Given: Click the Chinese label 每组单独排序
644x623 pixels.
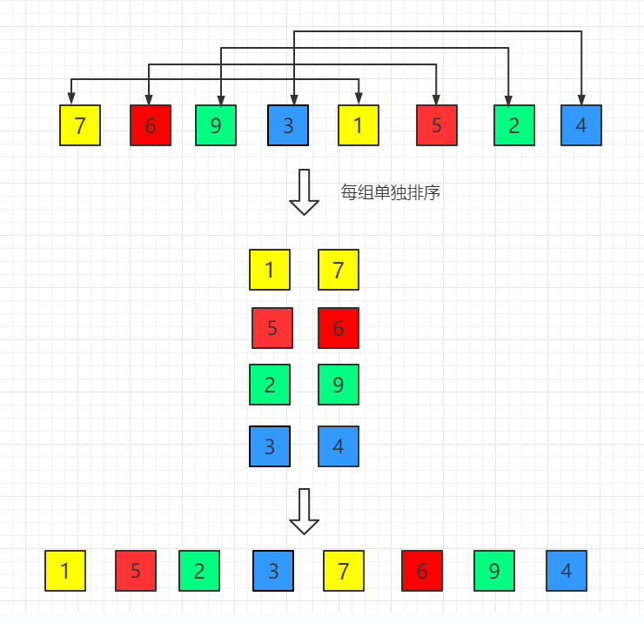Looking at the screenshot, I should coord(391,193).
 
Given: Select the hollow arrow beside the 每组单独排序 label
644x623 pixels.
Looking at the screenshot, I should coord(304,191).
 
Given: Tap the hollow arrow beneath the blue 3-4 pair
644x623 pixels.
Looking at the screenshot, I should coord(304,512).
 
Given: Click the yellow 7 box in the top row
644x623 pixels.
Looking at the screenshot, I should coord(80,125).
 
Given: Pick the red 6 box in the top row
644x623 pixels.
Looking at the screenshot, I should coord(151,125).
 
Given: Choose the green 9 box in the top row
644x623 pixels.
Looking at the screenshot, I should coord(216,125).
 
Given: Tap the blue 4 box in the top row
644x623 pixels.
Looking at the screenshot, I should coord(581,125).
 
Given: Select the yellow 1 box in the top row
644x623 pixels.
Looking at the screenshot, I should coord(359,125).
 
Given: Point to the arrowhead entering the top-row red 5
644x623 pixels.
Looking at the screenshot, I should coord(436,99).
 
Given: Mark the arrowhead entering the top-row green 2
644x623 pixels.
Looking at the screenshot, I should coord(507,99).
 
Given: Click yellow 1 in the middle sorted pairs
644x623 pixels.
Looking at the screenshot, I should coord(270,270).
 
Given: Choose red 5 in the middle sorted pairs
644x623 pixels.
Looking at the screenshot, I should coord(272,328).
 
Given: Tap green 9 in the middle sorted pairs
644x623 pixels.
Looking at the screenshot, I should coord(339,385).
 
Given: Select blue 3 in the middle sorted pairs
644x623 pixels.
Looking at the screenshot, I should coord(270,446).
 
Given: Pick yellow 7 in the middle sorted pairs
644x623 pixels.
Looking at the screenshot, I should coord(339,270).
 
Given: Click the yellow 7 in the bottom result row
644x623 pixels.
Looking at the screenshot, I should coord(344,571).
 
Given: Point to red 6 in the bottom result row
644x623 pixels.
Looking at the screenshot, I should coord(422,571).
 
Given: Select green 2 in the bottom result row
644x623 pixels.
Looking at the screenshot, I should coord(199,571).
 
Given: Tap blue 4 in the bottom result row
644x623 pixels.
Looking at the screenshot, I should coord(567,571).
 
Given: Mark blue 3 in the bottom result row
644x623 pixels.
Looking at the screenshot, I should coord(273,571).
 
